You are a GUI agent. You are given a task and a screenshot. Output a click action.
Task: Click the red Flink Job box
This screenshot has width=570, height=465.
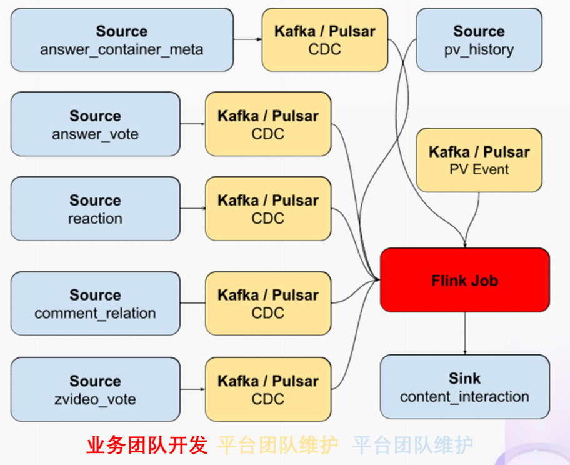464,280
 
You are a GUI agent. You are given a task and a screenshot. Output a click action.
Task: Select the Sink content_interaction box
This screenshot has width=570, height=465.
464,387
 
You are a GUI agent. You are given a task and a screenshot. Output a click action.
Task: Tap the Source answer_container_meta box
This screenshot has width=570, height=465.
122,39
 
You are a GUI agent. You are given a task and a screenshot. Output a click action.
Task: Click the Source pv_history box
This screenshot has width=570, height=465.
479,39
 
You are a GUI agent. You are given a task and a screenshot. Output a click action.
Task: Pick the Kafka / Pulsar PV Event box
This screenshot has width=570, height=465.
479,160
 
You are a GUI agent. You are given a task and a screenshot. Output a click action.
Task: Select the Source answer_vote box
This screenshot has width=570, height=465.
95,124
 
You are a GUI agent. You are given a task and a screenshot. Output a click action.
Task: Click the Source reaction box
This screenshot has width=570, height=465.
95,209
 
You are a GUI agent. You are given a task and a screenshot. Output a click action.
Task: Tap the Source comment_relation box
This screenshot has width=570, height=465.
95,303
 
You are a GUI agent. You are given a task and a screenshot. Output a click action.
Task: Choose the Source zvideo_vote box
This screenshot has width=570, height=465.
95,389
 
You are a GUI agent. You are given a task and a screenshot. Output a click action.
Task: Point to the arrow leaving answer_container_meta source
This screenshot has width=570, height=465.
247,39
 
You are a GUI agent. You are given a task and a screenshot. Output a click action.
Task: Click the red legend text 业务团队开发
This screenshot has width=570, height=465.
147,445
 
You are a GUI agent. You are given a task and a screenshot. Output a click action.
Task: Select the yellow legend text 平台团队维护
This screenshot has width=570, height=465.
277,445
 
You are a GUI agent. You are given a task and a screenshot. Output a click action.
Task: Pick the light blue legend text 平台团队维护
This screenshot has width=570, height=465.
412,445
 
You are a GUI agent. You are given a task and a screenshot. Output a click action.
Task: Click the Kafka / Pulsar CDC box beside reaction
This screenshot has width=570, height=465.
268,209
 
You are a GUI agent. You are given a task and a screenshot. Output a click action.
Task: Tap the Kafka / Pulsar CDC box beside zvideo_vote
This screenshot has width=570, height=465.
268,389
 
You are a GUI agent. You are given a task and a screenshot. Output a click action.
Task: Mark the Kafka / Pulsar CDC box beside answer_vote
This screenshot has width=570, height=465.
268,124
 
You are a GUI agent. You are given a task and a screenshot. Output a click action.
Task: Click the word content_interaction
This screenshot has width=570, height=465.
464,396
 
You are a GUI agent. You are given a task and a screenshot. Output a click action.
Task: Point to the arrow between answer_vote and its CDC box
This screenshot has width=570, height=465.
192,124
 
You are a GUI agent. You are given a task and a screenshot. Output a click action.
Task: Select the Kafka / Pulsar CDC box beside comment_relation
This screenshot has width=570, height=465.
268,303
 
